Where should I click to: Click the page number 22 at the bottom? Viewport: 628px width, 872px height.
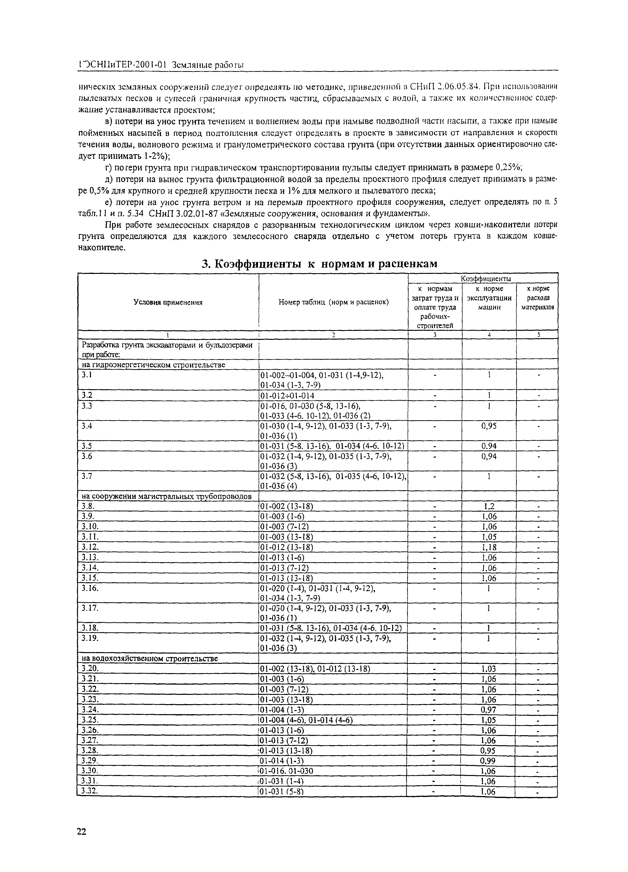[x=82, y=832]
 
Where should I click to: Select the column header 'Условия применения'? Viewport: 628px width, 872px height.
[x=168, y=302]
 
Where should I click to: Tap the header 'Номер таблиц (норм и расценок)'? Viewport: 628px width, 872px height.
[x=333, y=302]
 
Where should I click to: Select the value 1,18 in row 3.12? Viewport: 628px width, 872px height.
[x=489, y=547]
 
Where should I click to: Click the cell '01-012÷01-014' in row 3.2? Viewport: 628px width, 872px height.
[x=287, y=396]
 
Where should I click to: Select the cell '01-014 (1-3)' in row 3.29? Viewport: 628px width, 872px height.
[x=282, y=761]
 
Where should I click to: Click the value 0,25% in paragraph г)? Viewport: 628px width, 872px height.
[x=509, y=167]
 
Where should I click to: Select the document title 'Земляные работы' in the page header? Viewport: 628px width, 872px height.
[x=208, y=65]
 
